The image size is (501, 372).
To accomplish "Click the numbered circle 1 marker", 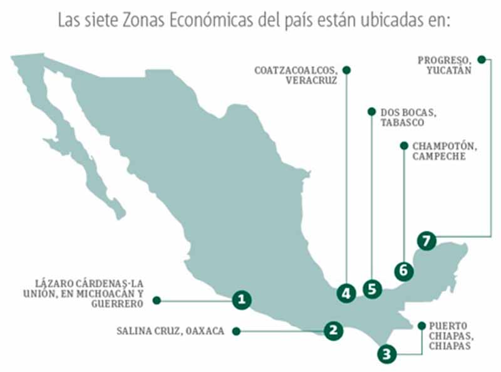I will (242, 300).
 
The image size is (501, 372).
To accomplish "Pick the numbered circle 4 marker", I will (346, 292).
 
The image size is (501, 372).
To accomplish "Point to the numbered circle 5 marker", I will (373, 289).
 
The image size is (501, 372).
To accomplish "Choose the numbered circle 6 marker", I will (404, 271).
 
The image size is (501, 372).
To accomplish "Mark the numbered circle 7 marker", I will (426, 240).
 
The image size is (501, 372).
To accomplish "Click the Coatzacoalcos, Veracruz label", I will (296, 75).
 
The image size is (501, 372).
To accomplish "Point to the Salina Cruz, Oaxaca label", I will (170, 331).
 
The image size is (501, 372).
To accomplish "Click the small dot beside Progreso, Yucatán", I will (481, 59).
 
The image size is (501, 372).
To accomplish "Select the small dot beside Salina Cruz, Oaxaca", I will (236, 331).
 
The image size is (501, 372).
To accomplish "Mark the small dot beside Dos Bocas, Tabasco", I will (371, 112).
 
